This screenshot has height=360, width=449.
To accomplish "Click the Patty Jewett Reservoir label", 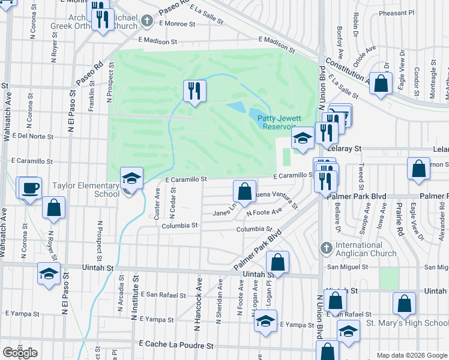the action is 279,122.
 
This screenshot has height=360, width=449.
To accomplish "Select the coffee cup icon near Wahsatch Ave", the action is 29,188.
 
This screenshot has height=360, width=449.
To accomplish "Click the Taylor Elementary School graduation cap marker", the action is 131,178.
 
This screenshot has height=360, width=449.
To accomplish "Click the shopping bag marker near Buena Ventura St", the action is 244,192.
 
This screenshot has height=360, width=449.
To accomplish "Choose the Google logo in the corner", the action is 20,352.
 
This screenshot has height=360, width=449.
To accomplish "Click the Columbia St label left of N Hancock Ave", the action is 179,226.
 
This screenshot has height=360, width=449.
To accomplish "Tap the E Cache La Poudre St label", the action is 176,346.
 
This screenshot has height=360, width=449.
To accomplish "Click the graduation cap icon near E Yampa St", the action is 265,321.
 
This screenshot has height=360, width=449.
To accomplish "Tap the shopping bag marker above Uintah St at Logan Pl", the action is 277,261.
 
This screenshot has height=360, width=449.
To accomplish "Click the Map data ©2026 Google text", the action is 411,355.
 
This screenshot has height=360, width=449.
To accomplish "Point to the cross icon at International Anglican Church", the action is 326,247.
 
